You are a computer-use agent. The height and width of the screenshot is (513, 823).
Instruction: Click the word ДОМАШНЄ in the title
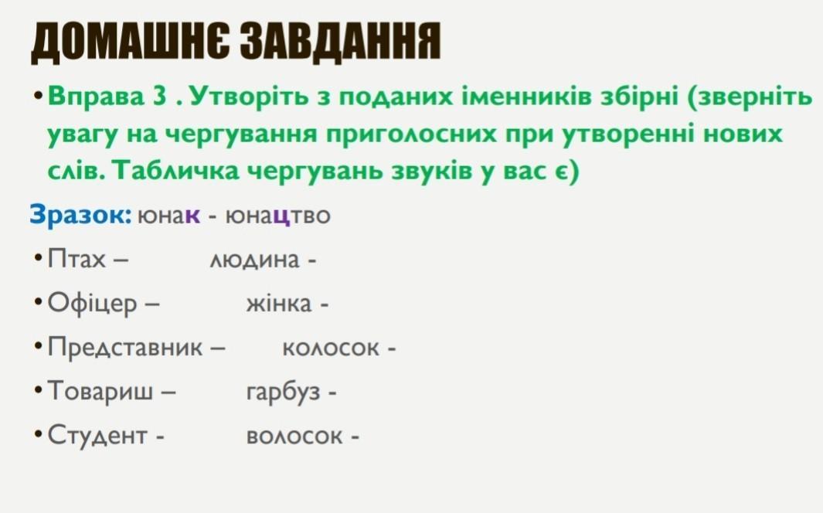click(x=130, y=42)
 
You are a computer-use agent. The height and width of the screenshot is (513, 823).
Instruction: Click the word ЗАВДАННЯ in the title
click(x=341, y=42)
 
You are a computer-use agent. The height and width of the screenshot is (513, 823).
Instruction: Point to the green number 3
click(x=159, y=96)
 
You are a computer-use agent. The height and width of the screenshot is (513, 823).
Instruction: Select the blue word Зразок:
click(x=80, y=215)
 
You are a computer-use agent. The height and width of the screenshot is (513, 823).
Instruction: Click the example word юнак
click(x=168, y=216)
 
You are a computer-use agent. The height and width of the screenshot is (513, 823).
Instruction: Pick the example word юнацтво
click(x=277, y=216)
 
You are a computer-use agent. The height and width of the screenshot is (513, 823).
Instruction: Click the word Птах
click(x=76, y=259)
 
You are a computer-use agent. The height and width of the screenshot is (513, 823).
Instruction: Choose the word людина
click(x=254, y=260)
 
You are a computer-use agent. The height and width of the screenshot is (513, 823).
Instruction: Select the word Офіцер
click(x=92, y=303)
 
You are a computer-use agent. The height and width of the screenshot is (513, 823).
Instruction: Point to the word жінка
click(x=279, y=304)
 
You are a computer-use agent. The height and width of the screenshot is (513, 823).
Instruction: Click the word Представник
click(x=125, y=347)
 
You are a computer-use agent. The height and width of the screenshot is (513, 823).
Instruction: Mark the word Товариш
click(x=100, y=391)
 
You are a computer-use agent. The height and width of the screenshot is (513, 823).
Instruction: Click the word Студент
click(x=97, y=436)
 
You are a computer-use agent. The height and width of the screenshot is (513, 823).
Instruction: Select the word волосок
click(x=294, y=437)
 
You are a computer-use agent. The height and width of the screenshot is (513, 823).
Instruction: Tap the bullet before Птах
click(x=38, y=259)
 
